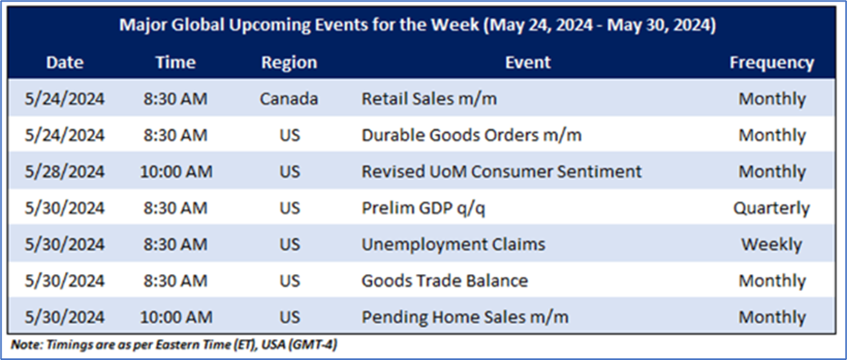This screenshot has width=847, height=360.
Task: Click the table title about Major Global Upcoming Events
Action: (x=417, y=26)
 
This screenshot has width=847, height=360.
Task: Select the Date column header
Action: (x=65, y=63)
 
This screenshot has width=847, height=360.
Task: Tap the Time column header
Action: (x=175, y=63)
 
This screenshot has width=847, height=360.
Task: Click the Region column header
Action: (x=289, y=63)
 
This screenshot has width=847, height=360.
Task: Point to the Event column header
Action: (x=528, y=63)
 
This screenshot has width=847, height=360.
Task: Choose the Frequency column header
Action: (x=772, y=63)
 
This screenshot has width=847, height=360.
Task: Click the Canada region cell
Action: (x=289, y=99)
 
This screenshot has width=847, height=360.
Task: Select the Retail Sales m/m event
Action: (x=429, y=99)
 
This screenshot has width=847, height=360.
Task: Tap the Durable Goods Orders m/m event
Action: (x=471, y=136)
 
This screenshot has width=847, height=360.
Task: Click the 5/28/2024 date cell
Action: (x=65, y=172)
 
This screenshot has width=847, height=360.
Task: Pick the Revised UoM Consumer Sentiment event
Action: (x=502, y=172)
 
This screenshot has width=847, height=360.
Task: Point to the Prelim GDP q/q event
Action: (x=423, y=208)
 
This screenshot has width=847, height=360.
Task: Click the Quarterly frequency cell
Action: (x=772, y=208)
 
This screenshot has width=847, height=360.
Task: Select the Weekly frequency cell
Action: (x=772, y=245)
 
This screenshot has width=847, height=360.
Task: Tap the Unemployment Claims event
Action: (x=454, y=245)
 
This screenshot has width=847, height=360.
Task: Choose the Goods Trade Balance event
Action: (x=445, y=281)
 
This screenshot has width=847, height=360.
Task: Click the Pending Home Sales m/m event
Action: (x=465, y=317)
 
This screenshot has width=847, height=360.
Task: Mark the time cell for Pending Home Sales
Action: (x=176, y=317)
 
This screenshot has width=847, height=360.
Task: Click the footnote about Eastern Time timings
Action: (x=175, y=345)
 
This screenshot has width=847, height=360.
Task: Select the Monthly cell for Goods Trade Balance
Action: (x=772, y=281)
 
